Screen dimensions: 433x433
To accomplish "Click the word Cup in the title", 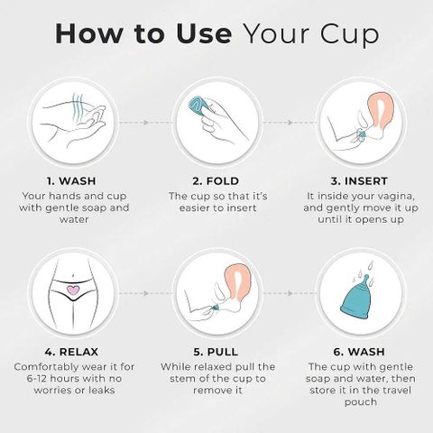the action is pyautogui.click(x=349, y=34).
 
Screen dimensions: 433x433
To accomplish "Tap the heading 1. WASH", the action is pyautogui.click(x=71, y=181).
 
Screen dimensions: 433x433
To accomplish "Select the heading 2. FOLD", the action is pyautogui.click(x=216, y=181).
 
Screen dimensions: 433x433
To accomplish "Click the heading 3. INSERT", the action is pyautogui.click(x=359, y=181).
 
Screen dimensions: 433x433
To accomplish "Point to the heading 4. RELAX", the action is pyautogui.click(x=71, y=352).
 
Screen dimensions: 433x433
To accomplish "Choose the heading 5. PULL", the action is pyautogui.click(x=216, y=352).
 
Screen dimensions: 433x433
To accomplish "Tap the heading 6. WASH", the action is pyautogui.click(x=359, y=352).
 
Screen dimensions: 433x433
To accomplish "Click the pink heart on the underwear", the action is pyautogui.click(x=73, y=290).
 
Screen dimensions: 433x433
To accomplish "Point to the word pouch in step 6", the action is pyautogui.click(x=361, y=402).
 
